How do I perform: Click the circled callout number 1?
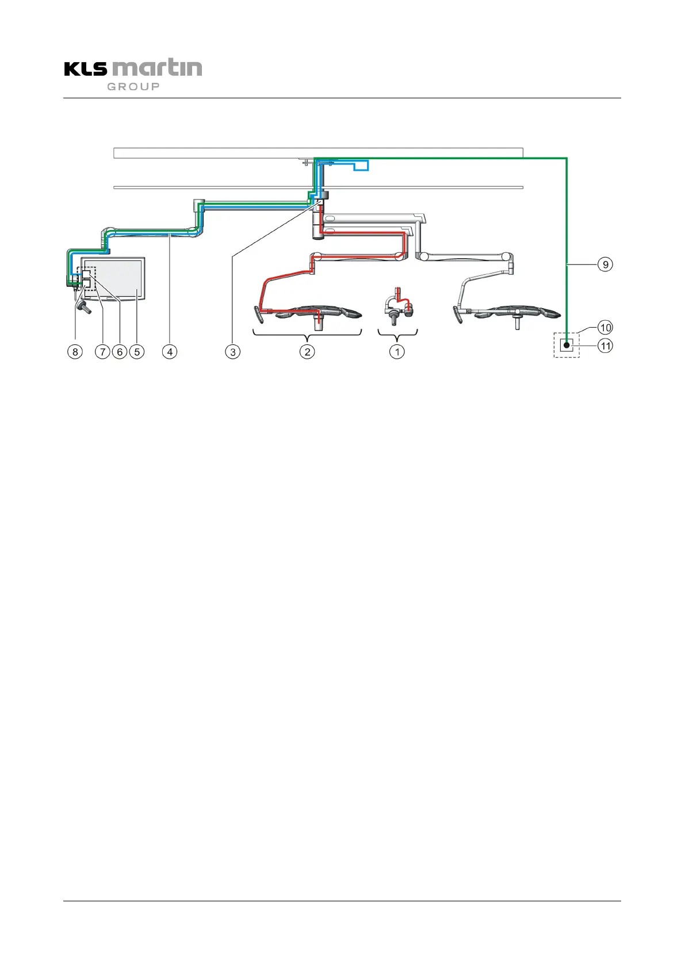click(x=397, y=351)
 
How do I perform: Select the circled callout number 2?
click(x=307, y=351)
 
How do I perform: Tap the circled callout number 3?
click(x=232, y=351)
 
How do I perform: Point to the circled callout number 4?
click(x=170, y=351)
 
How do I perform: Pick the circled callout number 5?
click(x=136, y=351)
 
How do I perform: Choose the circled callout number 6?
click(x=120, y=351)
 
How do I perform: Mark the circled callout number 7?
click(x=102, y=351)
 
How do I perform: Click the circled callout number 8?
click(x=75, y=351)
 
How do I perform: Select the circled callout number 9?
click(x=605, y=264)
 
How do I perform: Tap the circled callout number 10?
click(x=605, y=328)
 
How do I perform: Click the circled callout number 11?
click(x=605, y=346)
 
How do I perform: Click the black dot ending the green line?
click(x=567, y=345)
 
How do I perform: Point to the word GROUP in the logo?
click(x=133, y=86)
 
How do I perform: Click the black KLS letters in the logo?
click(x=86, y=69)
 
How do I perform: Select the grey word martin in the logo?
click(x=156, y=67)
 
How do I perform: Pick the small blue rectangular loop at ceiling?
click(x=361, y=166)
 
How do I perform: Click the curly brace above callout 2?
click(x=307, y=333)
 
